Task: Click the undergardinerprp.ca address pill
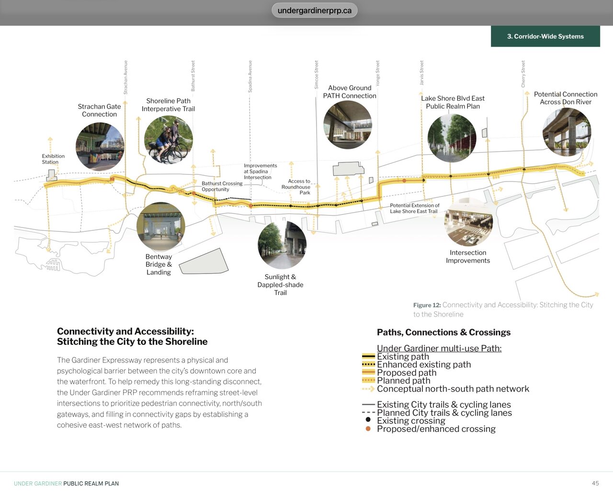point(314,11)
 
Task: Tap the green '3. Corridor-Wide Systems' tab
point(545,36)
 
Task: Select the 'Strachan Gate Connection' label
point(99,110)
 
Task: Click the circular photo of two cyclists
point(168,140)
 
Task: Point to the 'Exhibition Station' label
point(53,159)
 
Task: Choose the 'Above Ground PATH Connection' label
point(350,92)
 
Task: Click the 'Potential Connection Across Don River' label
point(566,98)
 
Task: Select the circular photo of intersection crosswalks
point(468,222)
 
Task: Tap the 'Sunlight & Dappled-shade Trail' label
point(280,284)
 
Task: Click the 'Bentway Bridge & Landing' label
point(159,264)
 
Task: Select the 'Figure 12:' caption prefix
point(427,305)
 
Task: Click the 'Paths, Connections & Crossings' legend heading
point(443,332)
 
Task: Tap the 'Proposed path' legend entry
point(407,373)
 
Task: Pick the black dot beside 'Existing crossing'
point(368,420)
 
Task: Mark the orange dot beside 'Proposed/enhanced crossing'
point(368,429)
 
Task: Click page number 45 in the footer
point(595,483)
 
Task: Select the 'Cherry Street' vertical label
point(523,74)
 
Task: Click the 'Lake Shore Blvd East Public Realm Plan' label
point(453,102)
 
